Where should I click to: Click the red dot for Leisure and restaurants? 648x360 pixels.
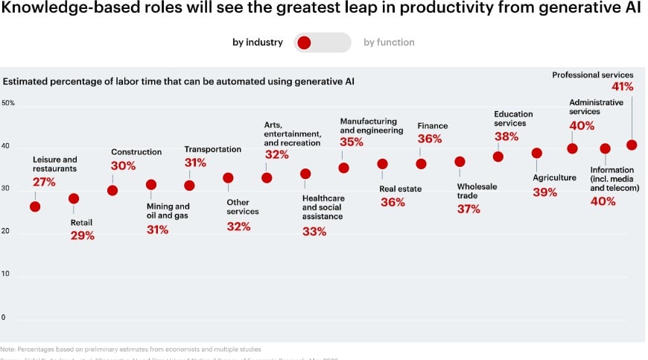[35, 206]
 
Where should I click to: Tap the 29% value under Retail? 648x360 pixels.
[83, 236]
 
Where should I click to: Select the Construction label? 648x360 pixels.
[136, 152]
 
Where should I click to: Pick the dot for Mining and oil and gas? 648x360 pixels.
[151, 185]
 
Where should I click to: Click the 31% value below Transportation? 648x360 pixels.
[195, 162]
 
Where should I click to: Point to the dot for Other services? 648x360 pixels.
[228, 178]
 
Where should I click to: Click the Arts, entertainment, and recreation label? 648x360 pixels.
[292, 133]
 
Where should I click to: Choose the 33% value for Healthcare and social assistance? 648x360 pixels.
[314, 232]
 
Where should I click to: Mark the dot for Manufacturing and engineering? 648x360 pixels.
[343, 168]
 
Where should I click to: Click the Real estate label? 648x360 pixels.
[400, 189]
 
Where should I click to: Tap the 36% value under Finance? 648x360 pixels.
[430, 139]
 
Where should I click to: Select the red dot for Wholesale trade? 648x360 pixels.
[460, 162]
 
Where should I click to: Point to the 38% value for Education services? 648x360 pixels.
[506, 137]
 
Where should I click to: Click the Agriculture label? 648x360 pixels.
[554, 177]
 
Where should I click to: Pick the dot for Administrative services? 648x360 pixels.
[572, 148]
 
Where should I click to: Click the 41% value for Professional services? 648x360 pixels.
[621, 86]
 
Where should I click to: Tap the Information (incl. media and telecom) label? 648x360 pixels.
[614, 179]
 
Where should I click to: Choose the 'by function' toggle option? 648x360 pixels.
[389, 42]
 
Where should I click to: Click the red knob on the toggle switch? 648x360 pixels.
[304, 42]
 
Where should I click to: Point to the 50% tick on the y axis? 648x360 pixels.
[8, 103]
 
